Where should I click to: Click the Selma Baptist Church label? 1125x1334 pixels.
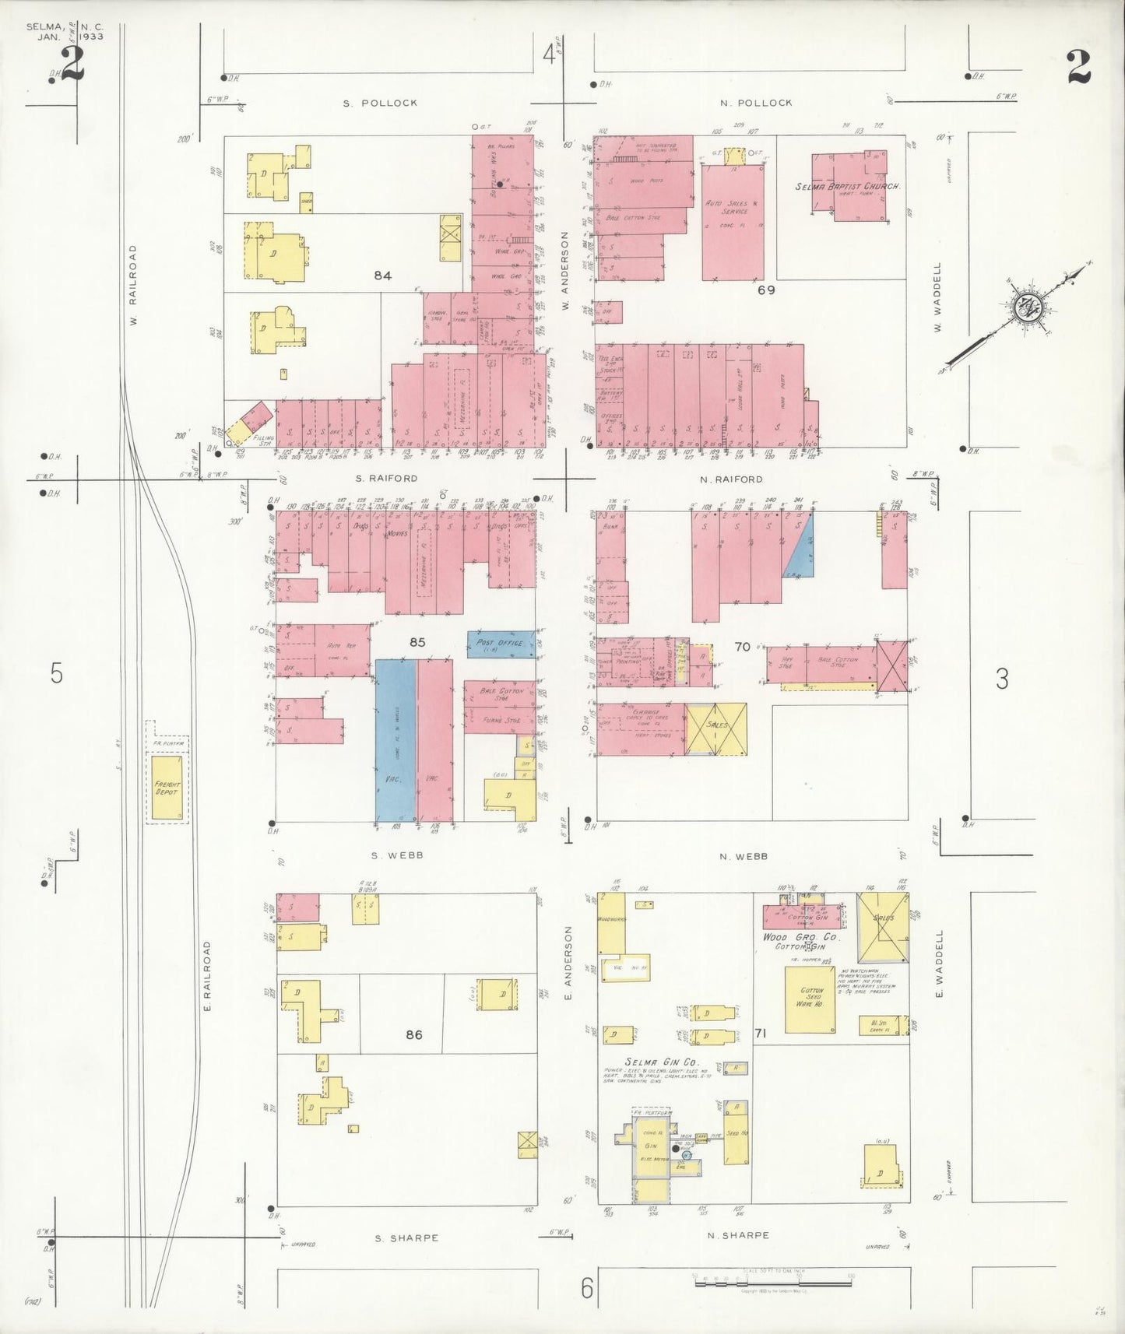pyautogui.click(x=848, y=187)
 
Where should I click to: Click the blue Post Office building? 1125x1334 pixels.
pyautogui.click(x=500, y=644)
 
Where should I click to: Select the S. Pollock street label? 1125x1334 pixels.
pyautogui.click(x=381, y=103)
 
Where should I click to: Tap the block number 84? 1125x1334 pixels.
pyautogui.click(x=381, y=276)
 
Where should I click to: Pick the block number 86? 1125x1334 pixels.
pyautogui.click(x=413, y=1034)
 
